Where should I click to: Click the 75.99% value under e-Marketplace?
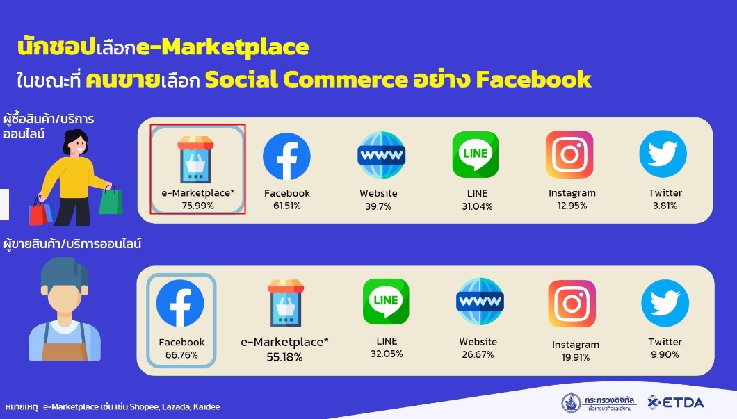click(x=197, y=206)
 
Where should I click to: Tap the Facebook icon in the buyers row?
click(x=286, y=156)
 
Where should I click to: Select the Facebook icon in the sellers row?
click(x=180, y=303)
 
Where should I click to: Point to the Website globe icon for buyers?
click(x=382, y=155)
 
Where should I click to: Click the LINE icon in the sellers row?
click(x=386, y=301)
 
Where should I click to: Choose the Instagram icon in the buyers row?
click(x=569, y=154)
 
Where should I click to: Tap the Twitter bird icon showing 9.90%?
click(x=665, y=303)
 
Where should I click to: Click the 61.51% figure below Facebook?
click(x=286, y=206)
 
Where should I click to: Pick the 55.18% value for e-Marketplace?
click(x=284, y=357)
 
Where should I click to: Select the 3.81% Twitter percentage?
click(x=665, y=206)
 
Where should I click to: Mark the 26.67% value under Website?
click(x=478, y=354)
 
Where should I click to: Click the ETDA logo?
click(x=675, y=402)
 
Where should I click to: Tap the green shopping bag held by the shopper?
click(x=111, y=200)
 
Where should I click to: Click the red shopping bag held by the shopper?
click(x=38, y=213)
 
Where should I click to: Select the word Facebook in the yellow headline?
click(x=533, y=79)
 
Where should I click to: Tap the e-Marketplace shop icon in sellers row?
click(x=285, y=303)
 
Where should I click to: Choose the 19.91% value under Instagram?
click(x=575, y=357)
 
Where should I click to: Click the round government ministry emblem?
click(x=571, y=402)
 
